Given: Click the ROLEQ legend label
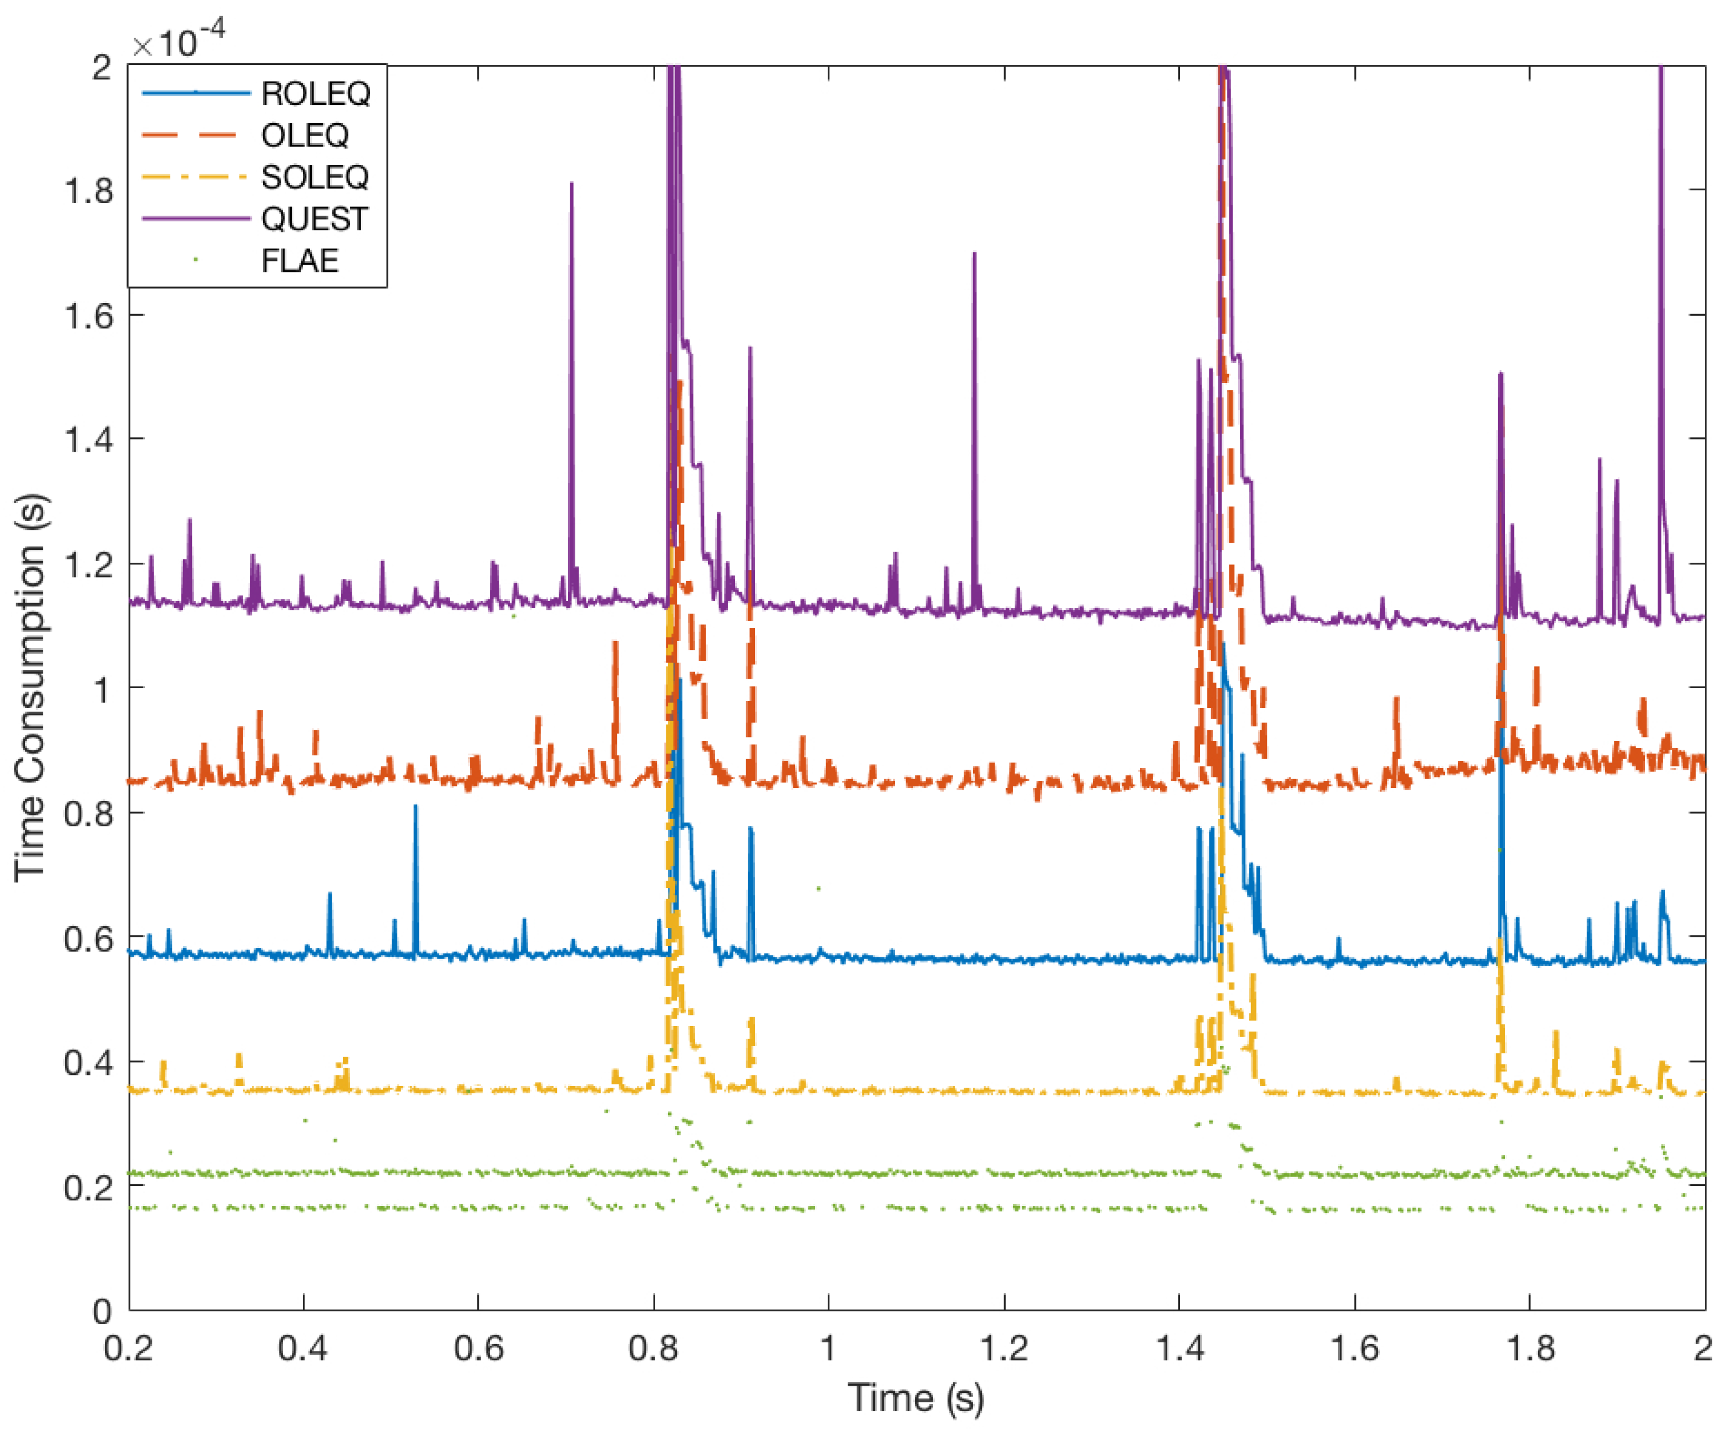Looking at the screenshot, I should coord(315,94).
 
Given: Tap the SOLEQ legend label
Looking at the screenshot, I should coord(315,178).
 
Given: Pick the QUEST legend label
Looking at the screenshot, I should coord(315,219).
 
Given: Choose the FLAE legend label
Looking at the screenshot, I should coord(300,261).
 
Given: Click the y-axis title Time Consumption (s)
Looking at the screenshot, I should coord(31,687).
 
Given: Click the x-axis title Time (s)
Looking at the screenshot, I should coord(915,1398).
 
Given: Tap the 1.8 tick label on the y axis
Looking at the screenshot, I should coord(89,191).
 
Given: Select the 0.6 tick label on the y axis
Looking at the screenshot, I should coord(89,938).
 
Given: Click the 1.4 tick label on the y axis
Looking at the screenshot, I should coord(89,440).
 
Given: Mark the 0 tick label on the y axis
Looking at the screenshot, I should coord(102,1311).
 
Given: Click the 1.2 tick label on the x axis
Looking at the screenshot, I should coord(1004,1349).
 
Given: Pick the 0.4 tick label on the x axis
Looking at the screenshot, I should coord(303,1349).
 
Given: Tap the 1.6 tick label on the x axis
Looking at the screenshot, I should coord(1354,1349).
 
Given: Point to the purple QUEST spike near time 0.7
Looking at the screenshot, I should coord(571,247).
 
